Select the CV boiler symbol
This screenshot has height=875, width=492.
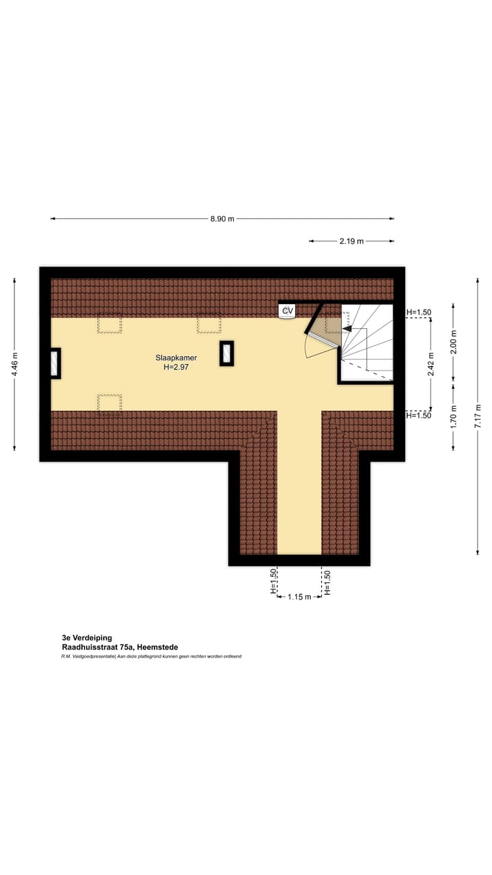pyautogui.click(x=287, y=312)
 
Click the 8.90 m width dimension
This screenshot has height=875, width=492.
pyautogui.click(x=221, y=219)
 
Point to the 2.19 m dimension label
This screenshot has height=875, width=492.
pyautogui.click(x=351, y=241)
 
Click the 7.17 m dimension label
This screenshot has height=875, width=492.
pyautogui.click(x=478, y=416)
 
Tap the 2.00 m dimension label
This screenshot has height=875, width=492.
pyautogui.click(x=454, y=342)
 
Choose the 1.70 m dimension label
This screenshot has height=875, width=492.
pyautogui.click(x=454, y=416)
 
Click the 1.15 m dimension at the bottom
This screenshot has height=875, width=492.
pyautogui.click(x=299, y=597)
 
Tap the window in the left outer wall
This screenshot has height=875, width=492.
pyautogui.click(x=55, y=363)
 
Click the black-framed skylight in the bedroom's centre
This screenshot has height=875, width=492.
pyautogui.click(x=227, y=353)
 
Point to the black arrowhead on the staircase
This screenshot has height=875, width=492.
pyautogui.click(x=347, y=329)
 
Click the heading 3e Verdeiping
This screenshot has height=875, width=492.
pyautogui.click(x=87, y=638)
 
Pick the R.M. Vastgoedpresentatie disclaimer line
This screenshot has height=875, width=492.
pyautogui.click(x=151, y=656)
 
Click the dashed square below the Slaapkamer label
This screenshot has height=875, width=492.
pyautogui.click(x=109, y=403)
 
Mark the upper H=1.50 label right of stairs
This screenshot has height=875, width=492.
pyautogui.click(x=419, y=312)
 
